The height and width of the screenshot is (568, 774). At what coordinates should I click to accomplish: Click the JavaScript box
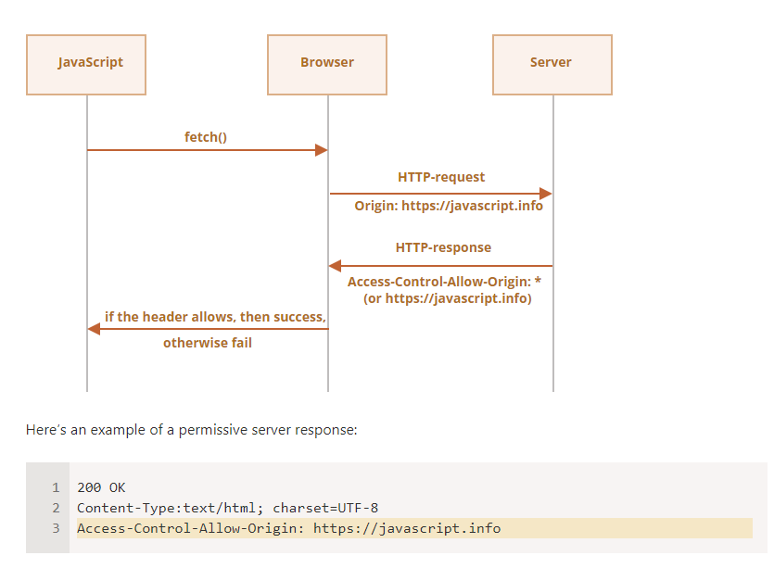pos(86,65)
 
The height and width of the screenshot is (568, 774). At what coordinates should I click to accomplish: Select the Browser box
pos(327,65)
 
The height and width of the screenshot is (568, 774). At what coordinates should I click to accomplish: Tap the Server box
pos(552,65)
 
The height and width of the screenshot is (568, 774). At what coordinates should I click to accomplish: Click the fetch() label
pos(206,137)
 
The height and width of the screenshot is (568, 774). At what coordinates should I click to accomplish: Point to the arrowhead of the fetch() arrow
pos(322,150)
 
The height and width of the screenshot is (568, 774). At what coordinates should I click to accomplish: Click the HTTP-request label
pos(441,177)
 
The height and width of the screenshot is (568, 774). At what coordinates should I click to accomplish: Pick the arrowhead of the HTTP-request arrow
pos(545,194)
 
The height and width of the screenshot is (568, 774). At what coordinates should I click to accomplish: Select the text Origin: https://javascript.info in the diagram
pos(449,206)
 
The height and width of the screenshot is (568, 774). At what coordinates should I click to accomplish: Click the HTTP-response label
pos(443,247)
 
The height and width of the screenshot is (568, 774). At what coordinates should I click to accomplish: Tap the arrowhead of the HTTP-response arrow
pos(336,266)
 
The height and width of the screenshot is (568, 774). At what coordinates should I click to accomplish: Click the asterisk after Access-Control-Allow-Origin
pos(538,281)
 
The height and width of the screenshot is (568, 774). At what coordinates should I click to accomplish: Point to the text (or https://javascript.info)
pos(448,298)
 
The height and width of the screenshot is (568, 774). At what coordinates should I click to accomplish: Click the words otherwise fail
pos(208,343)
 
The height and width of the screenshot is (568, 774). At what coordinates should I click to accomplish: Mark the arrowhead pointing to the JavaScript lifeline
pos(94,329)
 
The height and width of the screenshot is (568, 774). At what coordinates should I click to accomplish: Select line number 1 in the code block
pos(56,487)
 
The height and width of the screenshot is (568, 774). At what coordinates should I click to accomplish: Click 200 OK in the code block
pos(101,487)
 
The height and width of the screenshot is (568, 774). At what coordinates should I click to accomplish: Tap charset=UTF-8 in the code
pos(325,508)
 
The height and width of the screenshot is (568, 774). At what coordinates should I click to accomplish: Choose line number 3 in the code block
pos(56,528)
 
